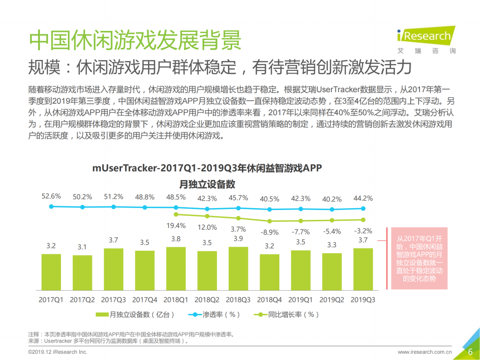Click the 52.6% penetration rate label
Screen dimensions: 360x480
(x=51, y=196)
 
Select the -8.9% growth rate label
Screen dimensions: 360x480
(x=269, y=232)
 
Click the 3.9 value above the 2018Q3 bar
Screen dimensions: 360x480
(x=238, y=239)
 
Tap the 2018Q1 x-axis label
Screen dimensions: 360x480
(x=176, y=299)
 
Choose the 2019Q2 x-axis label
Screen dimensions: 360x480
(x=332, y=299)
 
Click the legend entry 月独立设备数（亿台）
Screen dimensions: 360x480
(x=135, y=314)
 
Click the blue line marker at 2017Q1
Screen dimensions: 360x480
(x=51, y=206)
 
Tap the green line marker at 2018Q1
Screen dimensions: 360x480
(x=176, y=214)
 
